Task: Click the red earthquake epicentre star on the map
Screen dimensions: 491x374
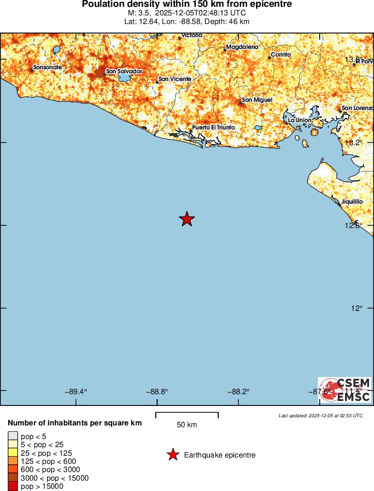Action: click(187, 219)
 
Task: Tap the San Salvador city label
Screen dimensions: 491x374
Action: click(124, 71)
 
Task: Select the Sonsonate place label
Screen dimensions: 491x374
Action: click(47, 67)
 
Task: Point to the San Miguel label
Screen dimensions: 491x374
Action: click(257, 100)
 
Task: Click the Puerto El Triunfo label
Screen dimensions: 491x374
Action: click(213, 128)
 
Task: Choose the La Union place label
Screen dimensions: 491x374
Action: click(300, 120)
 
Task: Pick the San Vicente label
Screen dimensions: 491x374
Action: click(175, 79)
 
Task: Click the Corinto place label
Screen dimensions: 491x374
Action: click(281, 55)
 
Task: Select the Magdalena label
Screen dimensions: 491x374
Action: click(242, 47)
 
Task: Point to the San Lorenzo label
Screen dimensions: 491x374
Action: click(357, 108)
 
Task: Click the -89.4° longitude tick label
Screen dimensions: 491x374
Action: click(76, 392)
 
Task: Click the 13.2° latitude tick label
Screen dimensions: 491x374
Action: click(354, 143)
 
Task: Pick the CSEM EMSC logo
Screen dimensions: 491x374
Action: click(345, 390)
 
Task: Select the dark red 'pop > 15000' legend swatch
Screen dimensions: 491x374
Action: click(13, 486)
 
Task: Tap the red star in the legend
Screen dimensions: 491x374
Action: click(172, 455)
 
